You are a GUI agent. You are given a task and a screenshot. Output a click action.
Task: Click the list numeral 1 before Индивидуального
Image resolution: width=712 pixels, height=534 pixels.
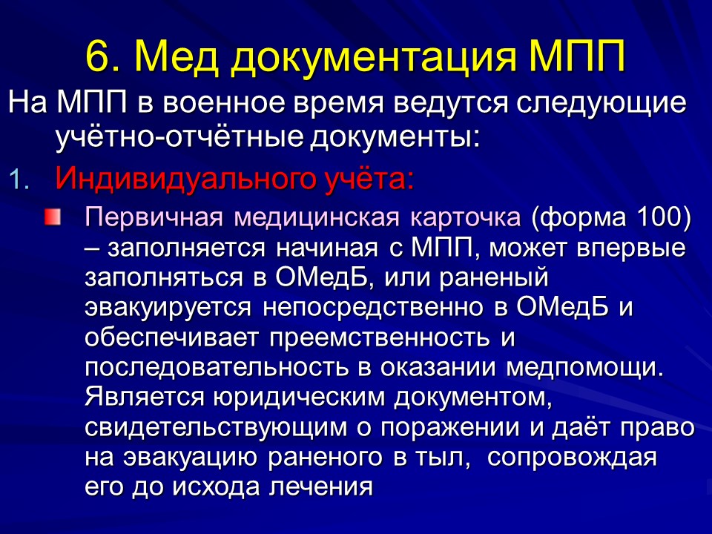(x=19, y=179)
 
